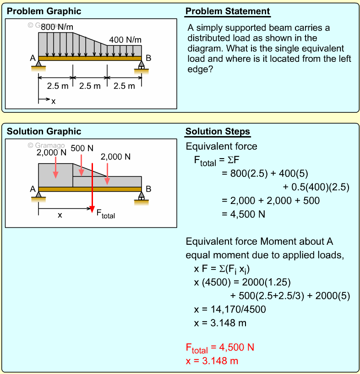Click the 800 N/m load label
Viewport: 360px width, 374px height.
57,27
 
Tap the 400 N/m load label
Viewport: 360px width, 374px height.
125,40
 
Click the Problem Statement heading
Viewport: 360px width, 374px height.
228,11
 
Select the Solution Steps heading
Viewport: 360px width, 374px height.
218,132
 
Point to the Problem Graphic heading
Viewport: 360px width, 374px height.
44,11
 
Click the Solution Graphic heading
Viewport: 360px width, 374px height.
44,132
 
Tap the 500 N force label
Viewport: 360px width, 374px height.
82,148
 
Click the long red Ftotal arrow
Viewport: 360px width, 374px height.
92,183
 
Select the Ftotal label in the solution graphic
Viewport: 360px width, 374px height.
105,213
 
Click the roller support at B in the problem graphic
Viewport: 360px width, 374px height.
141,66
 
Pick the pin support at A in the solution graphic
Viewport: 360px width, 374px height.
38,196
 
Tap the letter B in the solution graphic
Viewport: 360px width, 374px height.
148,188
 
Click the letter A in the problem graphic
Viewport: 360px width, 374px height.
32,58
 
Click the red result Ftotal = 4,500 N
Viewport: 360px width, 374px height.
220,347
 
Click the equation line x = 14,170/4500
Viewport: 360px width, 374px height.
229,309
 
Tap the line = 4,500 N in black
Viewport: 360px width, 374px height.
243,214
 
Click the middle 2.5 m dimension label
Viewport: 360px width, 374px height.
90,86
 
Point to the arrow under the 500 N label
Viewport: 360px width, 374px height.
81,165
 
